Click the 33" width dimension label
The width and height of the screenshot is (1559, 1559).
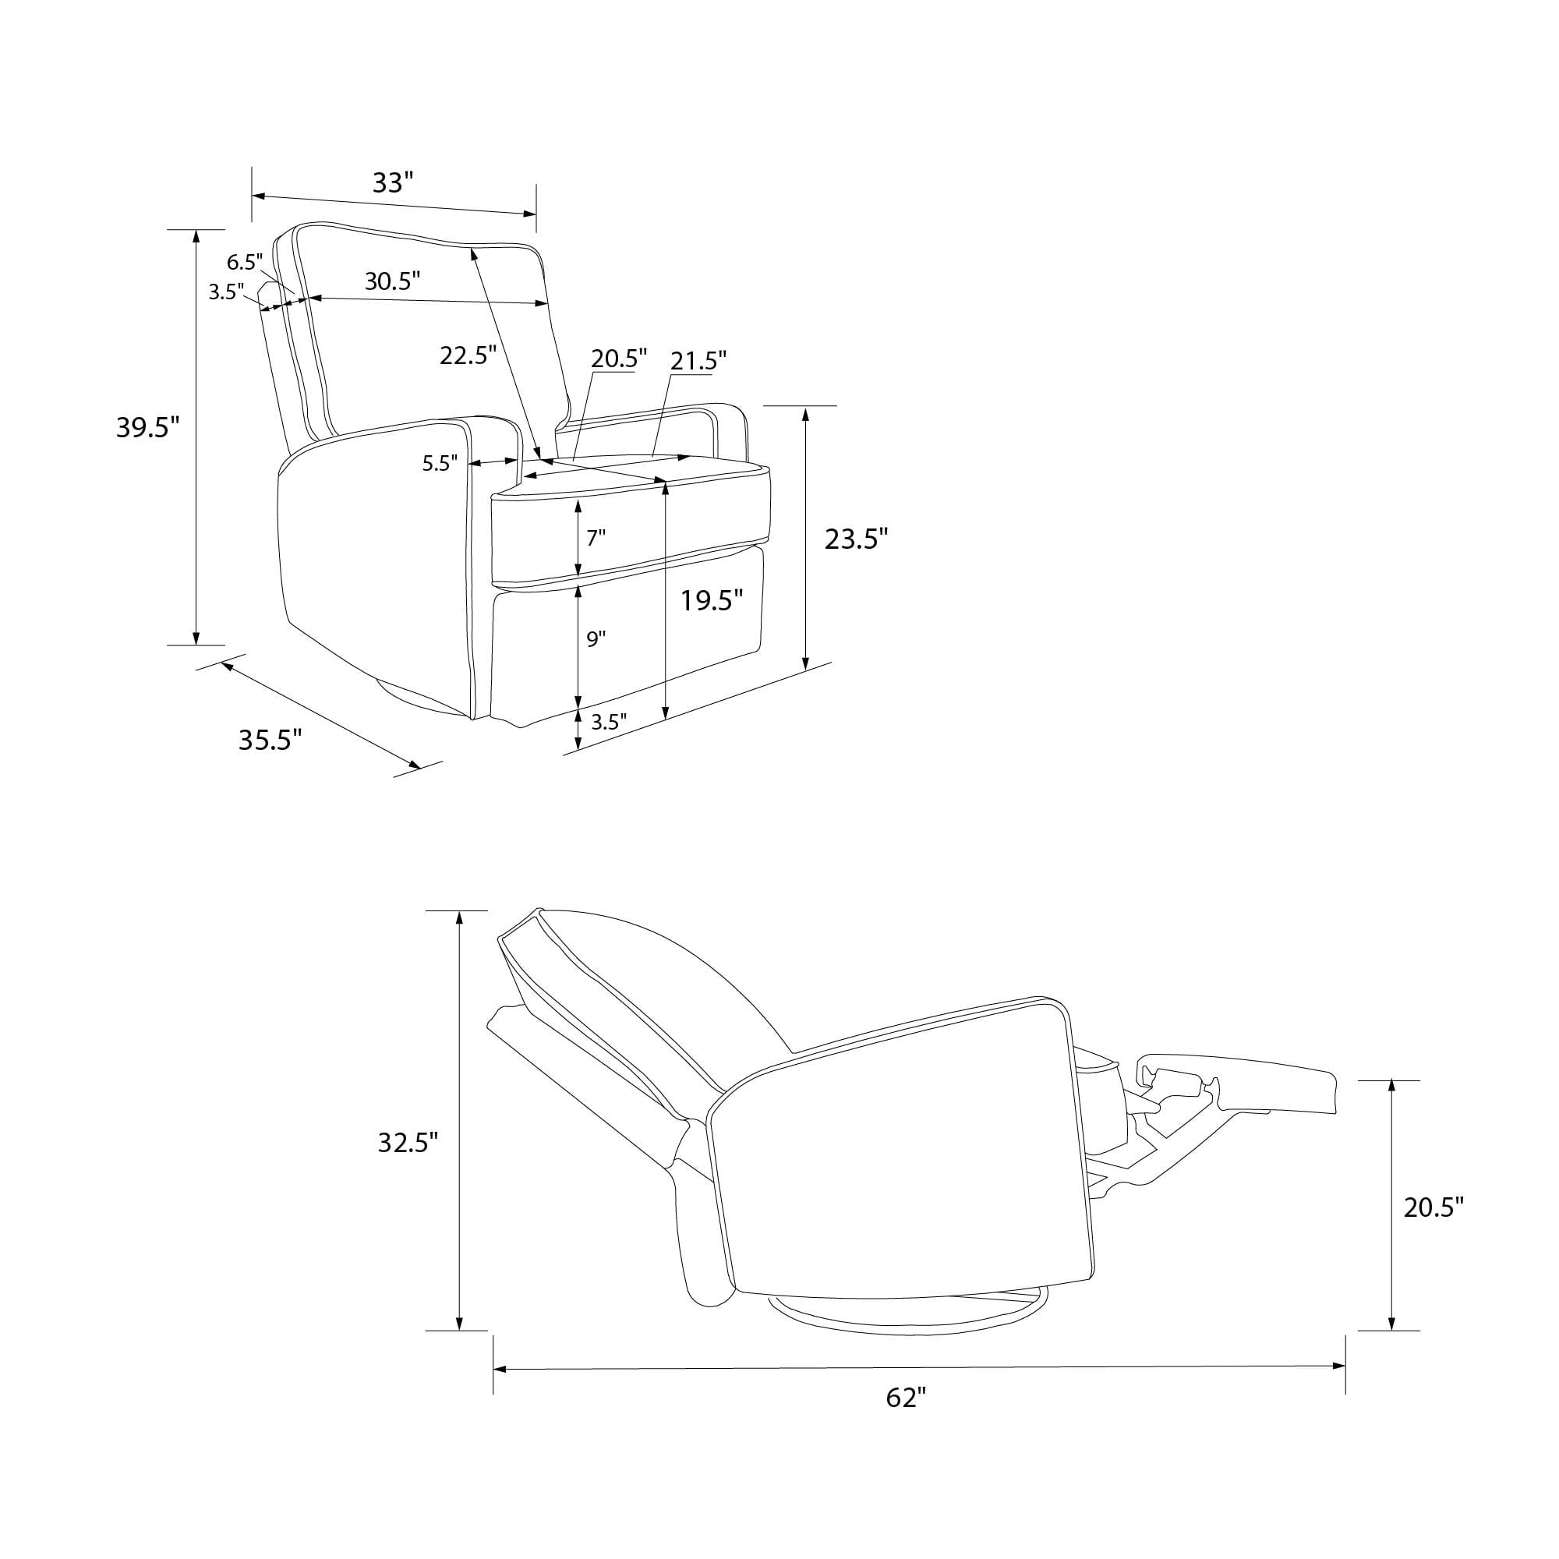coord(393,183)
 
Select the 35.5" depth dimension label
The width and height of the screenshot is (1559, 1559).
coord(270,739)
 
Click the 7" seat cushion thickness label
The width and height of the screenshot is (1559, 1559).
coord(596,537)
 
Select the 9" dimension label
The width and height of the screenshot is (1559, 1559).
coord(596,639)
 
